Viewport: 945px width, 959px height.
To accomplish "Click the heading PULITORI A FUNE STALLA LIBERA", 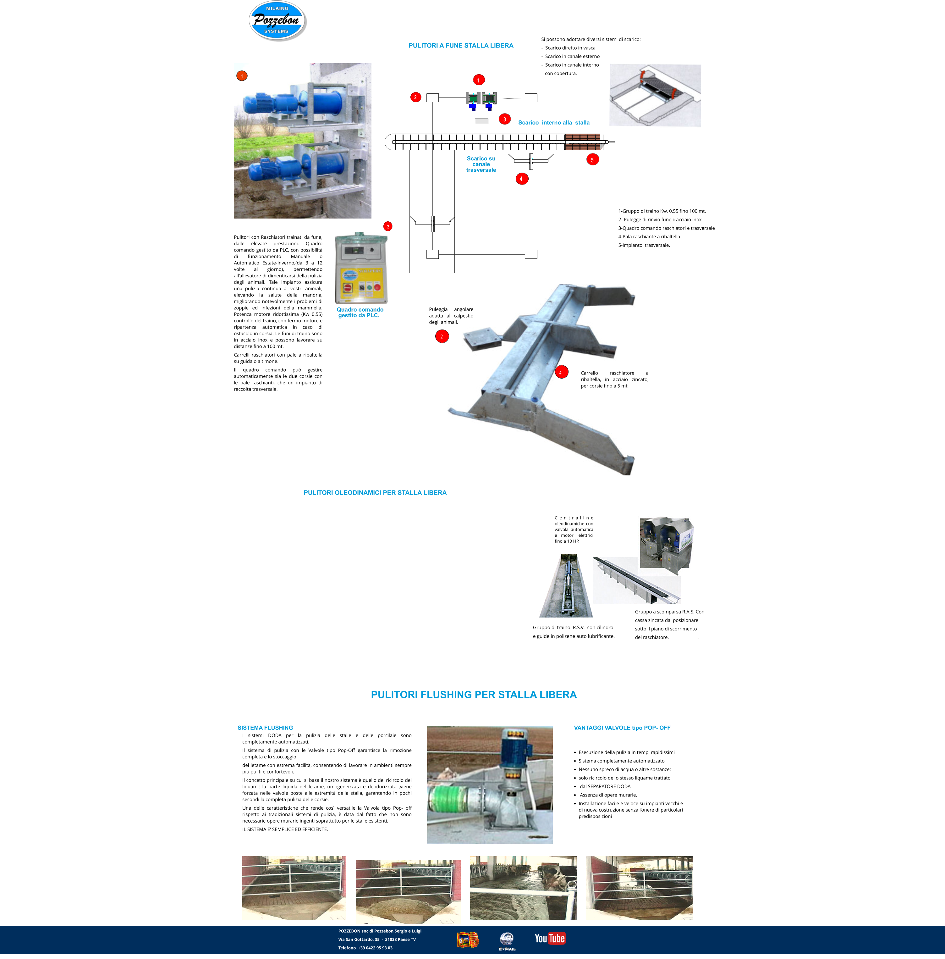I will tap(461, 46).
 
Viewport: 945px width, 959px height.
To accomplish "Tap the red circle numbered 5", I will tap(592, 160).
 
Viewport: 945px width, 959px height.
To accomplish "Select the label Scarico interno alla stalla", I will tap(554, 123).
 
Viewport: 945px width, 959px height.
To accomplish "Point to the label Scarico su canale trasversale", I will tap(481, 164).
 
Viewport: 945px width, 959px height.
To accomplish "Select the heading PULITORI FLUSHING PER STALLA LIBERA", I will tap(474, 695).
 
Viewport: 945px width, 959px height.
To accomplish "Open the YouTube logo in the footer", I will tap(550, 938).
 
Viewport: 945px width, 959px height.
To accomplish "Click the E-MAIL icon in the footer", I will tap(507, 941).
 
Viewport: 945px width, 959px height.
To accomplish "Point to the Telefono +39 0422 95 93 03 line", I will tap(365, 948).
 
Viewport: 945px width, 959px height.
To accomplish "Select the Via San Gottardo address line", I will tap(377, 940).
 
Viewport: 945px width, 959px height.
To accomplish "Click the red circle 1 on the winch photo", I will tap(242, 76).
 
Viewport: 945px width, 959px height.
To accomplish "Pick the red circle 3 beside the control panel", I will tap(388, 226).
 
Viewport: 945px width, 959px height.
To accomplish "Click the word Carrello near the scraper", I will tap(589, 373).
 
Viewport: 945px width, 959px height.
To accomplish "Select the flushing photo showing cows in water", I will tap(523, 888).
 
